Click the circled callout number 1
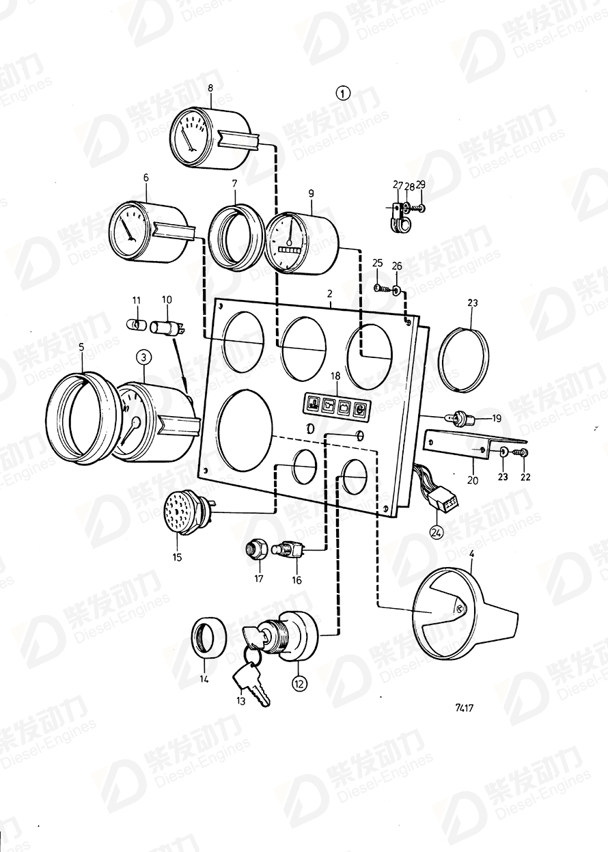click(343, 92)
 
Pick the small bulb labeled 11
click(136, 323)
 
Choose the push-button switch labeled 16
click(287, 549)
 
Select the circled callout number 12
click(299, 682)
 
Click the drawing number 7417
click(463, 708)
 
